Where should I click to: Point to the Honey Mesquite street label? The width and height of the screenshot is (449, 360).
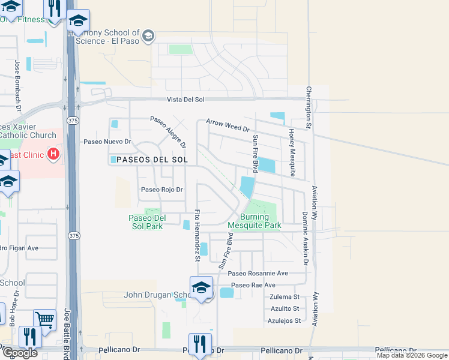[292, 152]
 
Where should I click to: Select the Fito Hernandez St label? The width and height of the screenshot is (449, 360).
[196, 236]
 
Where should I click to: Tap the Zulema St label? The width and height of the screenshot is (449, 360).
[285, 297]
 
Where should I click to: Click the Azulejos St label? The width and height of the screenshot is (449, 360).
[284, 321]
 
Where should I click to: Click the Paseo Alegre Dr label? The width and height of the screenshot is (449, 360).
[168, 132]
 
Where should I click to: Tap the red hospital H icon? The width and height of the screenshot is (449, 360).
[53, 155]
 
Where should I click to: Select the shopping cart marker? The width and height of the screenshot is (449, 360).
[44, 320]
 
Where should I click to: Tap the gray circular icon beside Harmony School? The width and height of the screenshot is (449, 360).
[148, 37]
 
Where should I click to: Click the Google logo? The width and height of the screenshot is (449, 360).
[19, 353]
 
